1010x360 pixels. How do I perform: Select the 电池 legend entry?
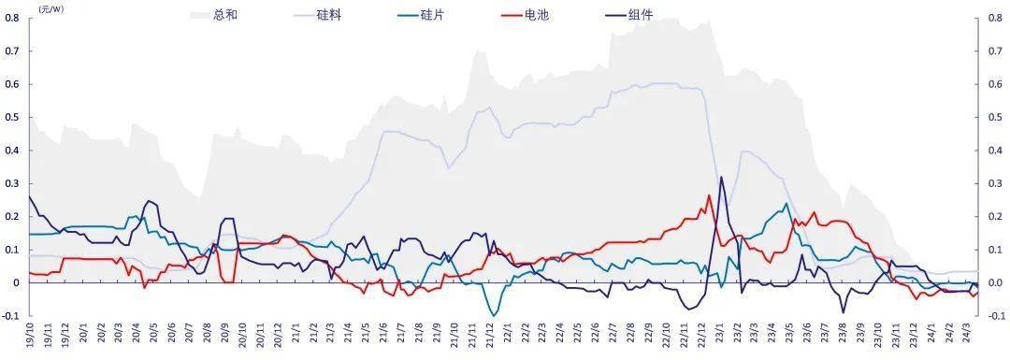[x=537, y=16]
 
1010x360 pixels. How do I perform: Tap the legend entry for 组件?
[x=641, y=16]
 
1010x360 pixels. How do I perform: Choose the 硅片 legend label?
[x=432, y=16]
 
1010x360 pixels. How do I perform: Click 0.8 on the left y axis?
[x=13, y=18]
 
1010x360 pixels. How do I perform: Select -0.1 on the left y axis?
[x=12, y=316]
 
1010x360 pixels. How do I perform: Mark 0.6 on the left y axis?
[x=13, y=84]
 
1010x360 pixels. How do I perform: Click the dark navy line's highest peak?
[x=720, y=177]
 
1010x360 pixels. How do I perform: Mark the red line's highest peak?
[x=709, y=195]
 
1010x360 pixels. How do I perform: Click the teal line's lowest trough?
[x=493, y=315]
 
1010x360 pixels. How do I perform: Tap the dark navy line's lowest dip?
[x=843, y=312]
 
